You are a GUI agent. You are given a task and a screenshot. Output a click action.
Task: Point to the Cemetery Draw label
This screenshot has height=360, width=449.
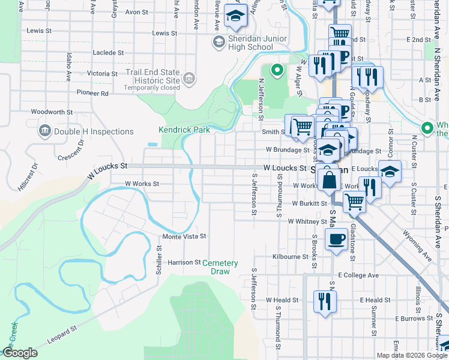[x=220, y=267]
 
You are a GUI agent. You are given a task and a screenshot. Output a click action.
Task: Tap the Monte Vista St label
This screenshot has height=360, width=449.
[x=184, y=236]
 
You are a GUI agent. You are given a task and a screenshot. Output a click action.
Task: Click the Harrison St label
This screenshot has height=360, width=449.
[x=184, y=262]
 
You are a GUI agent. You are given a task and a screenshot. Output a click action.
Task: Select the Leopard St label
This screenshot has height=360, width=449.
[x=64, y=337]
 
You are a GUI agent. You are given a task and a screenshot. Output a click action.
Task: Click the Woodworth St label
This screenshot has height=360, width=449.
[x=52, y=112]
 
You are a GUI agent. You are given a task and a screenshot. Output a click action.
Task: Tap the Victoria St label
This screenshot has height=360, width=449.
[x=102, y=73]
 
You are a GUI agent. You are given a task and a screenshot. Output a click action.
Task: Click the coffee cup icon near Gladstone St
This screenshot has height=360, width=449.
[x=336, y=240]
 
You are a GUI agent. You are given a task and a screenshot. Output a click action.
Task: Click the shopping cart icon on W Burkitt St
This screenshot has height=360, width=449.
[x=354, y=202]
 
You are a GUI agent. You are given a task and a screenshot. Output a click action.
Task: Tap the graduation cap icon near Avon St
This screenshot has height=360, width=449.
[x=235, y=16]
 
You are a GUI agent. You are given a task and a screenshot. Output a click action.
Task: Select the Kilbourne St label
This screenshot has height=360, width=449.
[x=290, y=256]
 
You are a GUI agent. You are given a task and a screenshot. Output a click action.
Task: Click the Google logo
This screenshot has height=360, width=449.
[x=20, y=353]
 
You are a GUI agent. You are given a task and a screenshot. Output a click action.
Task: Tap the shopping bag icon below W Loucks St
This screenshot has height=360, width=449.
[x=329, y=178]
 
